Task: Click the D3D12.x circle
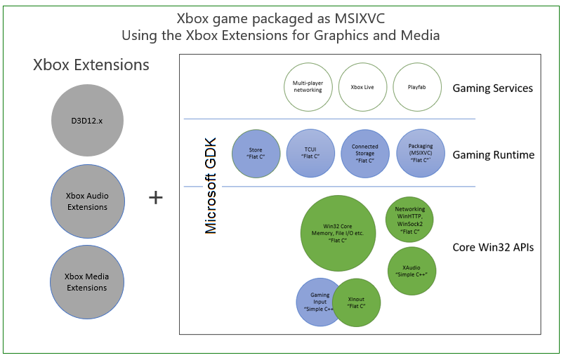(88, 121)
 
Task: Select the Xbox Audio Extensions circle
(88, 201)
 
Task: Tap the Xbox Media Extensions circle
(88, 282)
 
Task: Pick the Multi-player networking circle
(308, 87)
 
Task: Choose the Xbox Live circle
(362, 87)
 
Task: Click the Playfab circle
(416, 87)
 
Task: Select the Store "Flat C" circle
(256, 153)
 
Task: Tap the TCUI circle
(310, 153)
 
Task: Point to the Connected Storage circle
(364, 153)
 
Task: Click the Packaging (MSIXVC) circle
(420, 153)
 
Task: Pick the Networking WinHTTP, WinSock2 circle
(409, 220)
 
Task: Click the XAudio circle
(412, 271)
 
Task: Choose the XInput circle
(357, 302)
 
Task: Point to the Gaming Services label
(492, 88)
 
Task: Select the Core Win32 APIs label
(492, 247)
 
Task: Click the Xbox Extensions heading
(91, 65)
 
